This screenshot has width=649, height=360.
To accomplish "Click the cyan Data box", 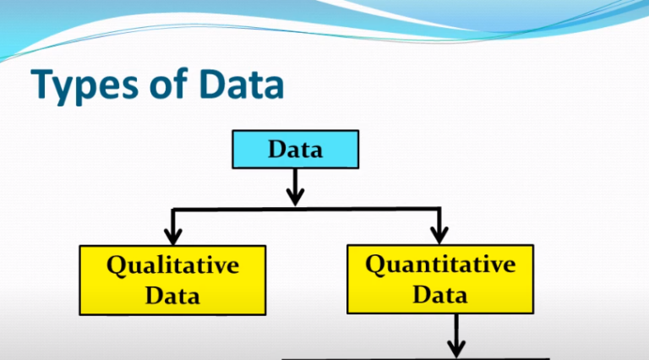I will pyautogui.click(x=295, y=150).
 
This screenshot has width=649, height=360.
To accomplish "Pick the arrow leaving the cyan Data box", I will pyautogui.click(x=295, y=186).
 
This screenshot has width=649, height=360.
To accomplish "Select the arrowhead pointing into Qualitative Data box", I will pyautogui.click(x=173, y=234).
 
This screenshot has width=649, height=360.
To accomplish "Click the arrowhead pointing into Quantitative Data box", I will pyautogui.click(x=439, y=234).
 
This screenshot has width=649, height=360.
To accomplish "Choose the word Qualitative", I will pyautogui.click(x=172, y=265).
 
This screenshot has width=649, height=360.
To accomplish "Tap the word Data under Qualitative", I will pyautogui.click(x=172, y=295).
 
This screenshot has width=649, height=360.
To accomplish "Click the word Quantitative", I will pyautogui.click(x=440, y=265).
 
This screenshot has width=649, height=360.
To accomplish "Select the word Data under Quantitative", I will pyautogui.click(x=440, y=294).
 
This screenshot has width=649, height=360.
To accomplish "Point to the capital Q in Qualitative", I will pyautogui.click(x=117, y=265).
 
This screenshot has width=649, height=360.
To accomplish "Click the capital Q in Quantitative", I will pyautogui.click(x=376, y=265).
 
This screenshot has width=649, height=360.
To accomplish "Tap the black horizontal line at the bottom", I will pyautogui.click(x=414, y=357).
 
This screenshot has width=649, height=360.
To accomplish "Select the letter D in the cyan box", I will pyautogui.click(x=277, y=150).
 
